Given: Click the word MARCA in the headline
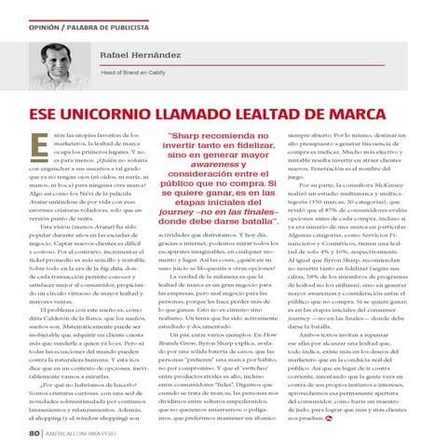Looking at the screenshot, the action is tap(401, 115).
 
